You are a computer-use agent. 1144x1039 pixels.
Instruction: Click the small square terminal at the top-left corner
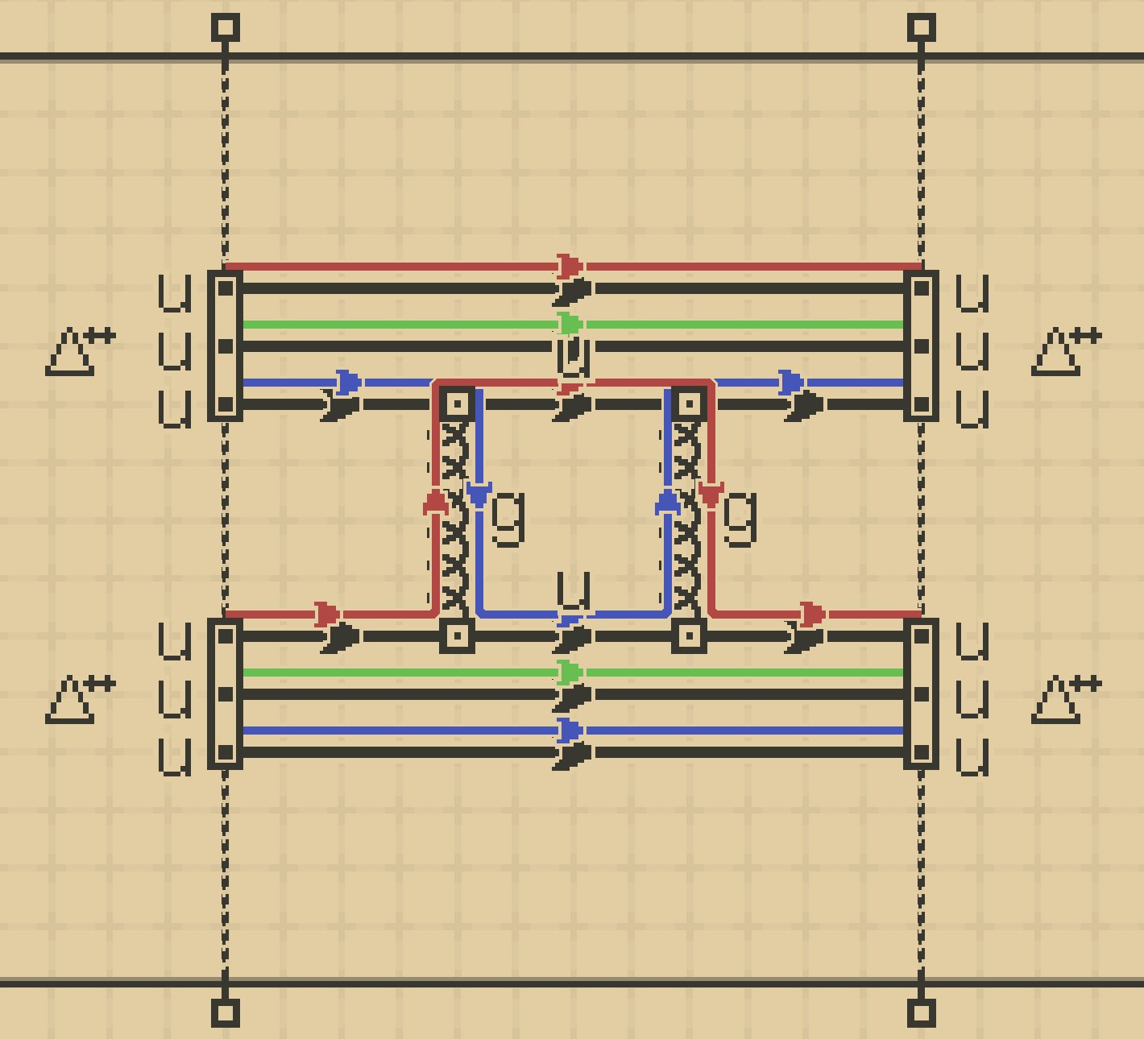tap(226, 27)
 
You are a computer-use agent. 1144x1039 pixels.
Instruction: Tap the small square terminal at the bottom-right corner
tap(922, 1012)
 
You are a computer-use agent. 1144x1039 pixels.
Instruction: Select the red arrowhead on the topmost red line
tap(570, 266)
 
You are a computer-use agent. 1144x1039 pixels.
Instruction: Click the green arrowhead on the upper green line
tap(570, 325)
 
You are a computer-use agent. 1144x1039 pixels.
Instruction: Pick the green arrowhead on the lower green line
tap(570, 673)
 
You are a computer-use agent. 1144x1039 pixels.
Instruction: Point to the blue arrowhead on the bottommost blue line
tap(570, 731)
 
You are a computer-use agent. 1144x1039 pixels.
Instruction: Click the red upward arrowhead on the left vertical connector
tap(436, 503)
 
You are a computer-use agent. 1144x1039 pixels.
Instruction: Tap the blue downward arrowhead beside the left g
tap(479, 494)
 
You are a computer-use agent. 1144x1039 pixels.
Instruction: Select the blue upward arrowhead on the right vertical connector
tap(668, 503)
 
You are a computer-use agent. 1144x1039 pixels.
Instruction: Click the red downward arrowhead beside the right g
tap(711, 494)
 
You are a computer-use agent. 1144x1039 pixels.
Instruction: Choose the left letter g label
tap(508, 519)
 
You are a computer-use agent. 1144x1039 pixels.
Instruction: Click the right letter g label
tap(740, 519)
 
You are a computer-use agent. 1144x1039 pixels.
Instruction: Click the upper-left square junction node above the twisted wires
tap(458, 403)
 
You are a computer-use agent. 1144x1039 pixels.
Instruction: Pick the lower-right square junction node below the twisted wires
tap(690, 636)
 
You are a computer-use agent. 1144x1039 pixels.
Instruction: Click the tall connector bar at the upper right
tap(922, 346)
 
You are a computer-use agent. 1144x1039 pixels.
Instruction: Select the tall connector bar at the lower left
tap(226, 694)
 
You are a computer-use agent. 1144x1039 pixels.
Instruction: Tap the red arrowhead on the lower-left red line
tap(326, 615)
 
